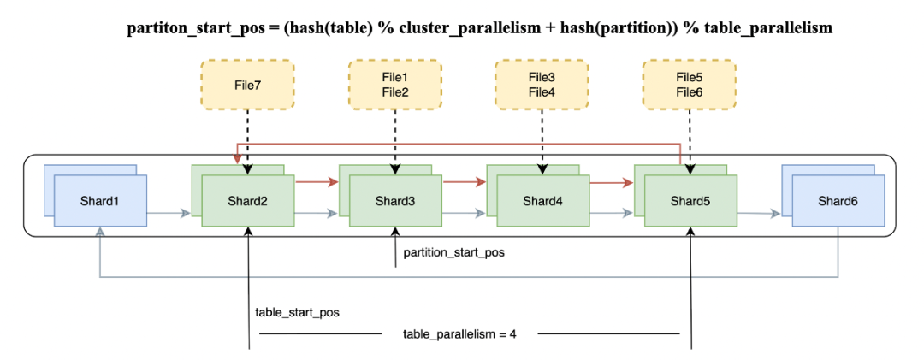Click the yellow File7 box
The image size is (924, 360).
pyautogui.click(x=247, y=85)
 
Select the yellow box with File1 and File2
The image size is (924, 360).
pyautogui.click(x=394, y=85)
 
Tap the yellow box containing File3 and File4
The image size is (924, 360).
pyautogui.click(x=542, y=85)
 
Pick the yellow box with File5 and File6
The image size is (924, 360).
pyautogui.click(x=689, y=85)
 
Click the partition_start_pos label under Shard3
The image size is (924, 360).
pyautogui.click(x=454, y=253)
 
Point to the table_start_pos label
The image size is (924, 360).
pyautogui.click(x=297, y=313)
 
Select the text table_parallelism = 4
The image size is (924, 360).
pyautogui.click(x=459, y=334)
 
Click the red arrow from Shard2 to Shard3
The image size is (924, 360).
pyautogui.click(x=317, y=183)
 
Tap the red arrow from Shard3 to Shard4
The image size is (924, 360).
pyautogui.click(x=465, y=183)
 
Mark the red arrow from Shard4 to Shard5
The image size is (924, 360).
pyautogui.click(x=613, y=183)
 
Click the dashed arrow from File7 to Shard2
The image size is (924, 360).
pyautogui.click(x=247, y=142)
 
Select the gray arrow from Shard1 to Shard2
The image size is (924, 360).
pyautogui.click(x=169, y=213)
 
